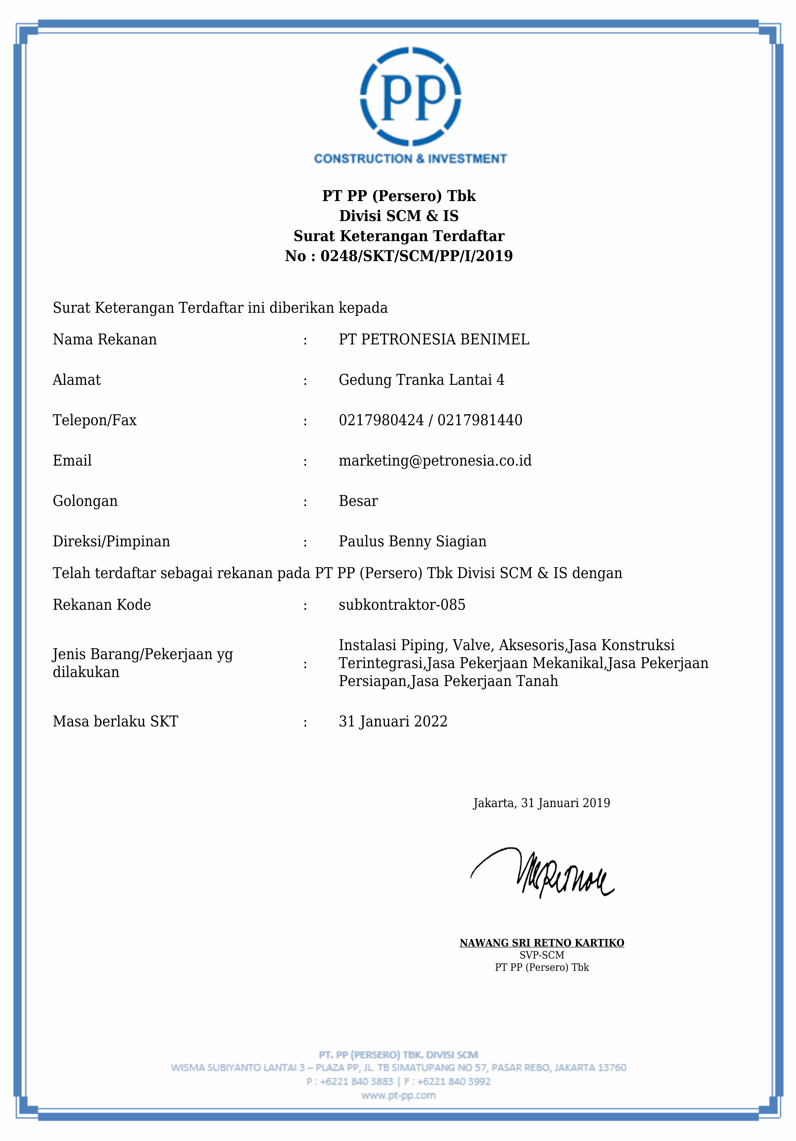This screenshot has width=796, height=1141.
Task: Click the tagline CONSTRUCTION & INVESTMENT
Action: coord(410,159)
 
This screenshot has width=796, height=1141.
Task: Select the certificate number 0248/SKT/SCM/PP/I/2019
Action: coord(416,256)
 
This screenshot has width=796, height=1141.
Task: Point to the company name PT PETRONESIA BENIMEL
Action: coord(434,339)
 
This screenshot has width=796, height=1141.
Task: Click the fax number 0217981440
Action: coord(480,420)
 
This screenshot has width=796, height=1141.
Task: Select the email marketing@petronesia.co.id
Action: coord(435,461)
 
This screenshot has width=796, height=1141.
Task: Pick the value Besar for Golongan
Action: coord(358,501)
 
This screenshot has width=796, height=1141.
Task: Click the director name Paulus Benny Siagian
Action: coord(412,541)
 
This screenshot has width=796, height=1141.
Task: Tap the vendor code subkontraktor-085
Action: coord(402,605)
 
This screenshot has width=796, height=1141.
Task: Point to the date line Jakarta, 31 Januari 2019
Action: coord(541,803)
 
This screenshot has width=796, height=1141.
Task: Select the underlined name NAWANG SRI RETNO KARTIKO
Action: coord(542,943)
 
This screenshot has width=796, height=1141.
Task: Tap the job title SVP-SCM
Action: coord(542,955)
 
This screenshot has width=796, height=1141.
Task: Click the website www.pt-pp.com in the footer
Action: coord(398,1095)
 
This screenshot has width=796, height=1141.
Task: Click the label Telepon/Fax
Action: coord(94,420)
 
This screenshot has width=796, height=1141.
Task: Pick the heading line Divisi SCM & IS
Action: coord(399,216)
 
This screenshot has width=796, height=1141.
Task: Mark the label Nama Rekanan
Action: coord(104,339)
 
